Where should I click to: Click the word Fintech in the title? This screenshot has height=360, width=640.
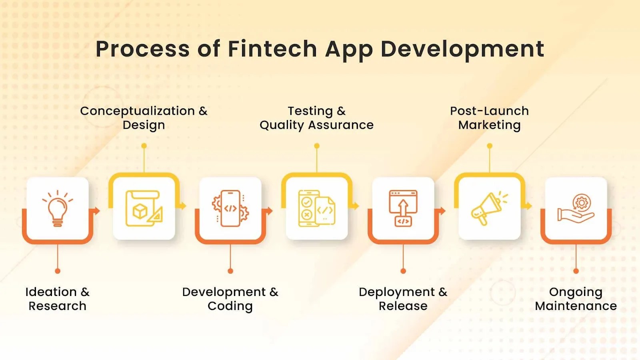coord(272,49)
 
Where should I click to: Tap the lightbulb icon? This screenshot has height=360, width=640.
coord(58,208)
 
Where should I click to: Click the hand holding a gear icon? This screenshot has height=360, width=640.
coord(576,208)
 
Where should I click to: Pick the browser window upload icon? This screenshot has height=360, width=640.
coord(403,208)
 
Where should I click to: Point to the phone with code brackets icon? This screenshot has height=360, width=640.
coord(230,208)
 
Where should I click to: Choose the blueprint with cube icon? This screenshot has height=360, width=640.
coord(144,208)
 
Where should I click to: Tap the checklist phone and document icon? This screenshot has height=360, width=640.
coord(316,208)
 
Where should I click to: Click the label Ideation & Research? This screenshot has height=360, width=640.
coord(58,299)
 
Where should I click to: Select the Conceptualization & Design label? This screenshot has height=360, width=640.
coord(144,118)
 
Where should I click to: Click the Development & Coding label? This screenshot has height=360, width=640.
coord(230,299)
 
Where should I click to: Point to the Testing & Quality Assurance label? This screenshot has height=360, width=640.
coord(316,118)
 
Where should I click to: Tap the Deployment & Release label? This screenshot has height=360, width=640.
coord(403,299)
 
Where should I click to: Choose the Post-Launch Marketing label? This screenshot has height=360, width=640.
coord(490,118)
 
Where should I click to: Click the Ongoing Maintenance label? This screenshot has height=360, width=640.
coord(576,299)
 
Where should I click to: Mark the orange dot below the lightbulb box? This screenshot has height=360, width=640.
coord(58,271)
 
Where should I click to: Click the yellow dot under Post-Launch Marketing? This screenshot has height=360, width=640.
coord(490,146)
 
